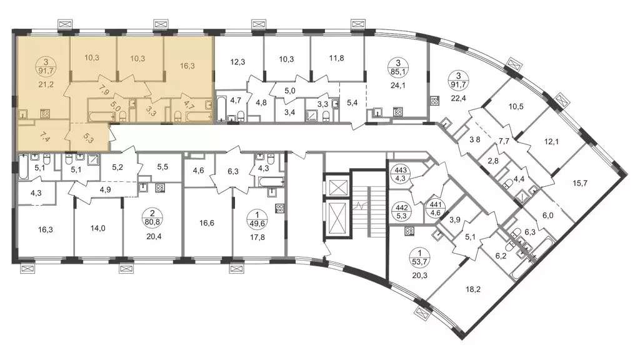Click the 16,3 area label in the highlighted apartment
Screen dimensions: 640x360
point(187,66)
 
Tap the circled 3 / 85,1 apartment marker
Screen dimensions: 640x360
point(398,68)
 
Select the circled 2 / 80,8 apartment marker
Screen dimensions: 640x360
point(152,217)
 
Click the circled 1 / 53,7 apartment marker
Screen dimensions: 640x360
point(421,257)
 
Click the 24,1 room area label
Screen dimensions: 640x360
point(398,85)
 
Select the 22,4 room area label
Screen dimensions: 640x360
point(458,97)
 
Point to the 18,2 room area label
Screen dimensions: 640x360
point(473,289)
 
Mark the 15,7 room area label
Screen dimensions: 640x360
point(580,183)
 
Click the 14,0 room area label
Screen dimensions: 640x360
point(98,228)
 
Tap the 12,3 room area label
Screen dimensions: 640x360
point(237,62)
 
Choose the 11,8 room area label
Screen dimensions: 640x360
point(336,58)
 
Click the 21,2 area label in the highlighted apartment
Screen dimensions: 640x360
point(46,85)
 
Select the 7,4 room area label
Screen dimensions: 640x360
point(44,136)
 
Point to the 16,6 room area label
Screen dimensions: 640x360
point(207,223)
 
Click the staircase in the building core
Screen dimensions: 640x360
point(369,204)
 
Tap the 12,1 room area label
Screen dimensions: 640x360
point(551,142)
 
